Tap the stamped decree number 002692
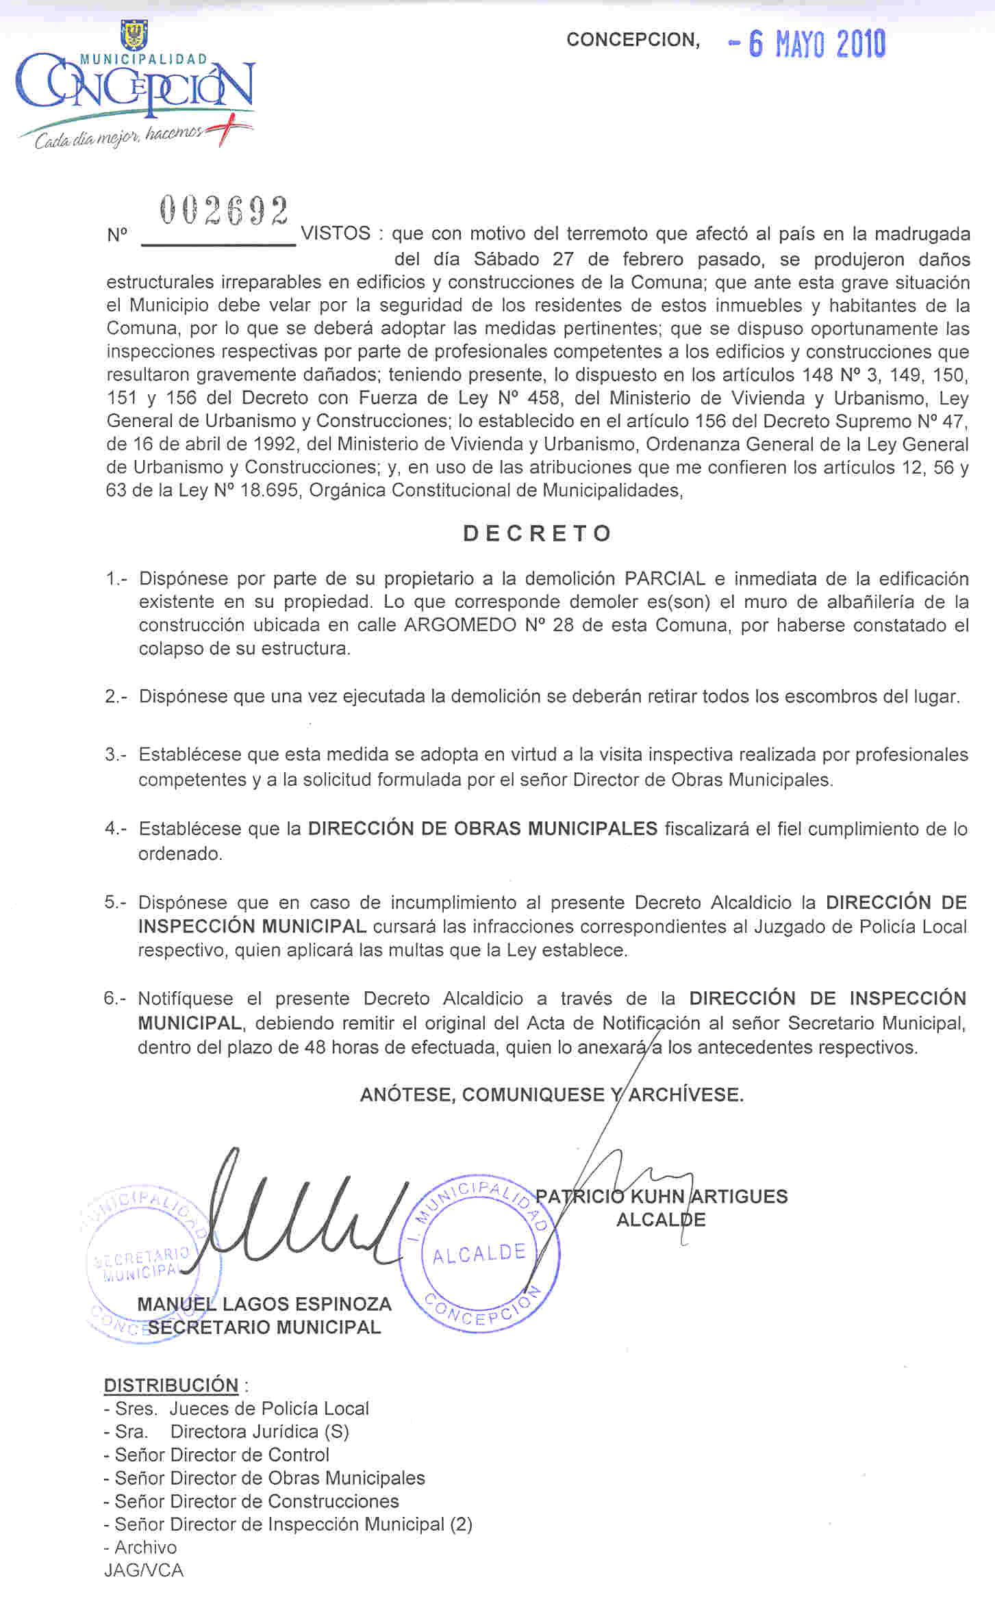(223, 212)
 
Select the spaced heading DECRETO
(538, 534)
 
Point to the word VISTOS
(336, 234)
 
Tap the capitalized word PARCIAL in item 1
(664, 579)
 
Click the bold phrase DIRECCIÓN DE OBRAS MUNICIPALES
(482, 829)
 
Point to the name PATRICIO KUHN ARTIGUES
(662, 1197)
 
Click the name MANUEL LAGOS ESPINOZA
(264, 1304)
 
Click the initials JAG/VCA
(144, 1570)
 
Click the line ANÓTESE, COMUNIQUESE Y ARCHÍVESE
(551, 1095)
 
